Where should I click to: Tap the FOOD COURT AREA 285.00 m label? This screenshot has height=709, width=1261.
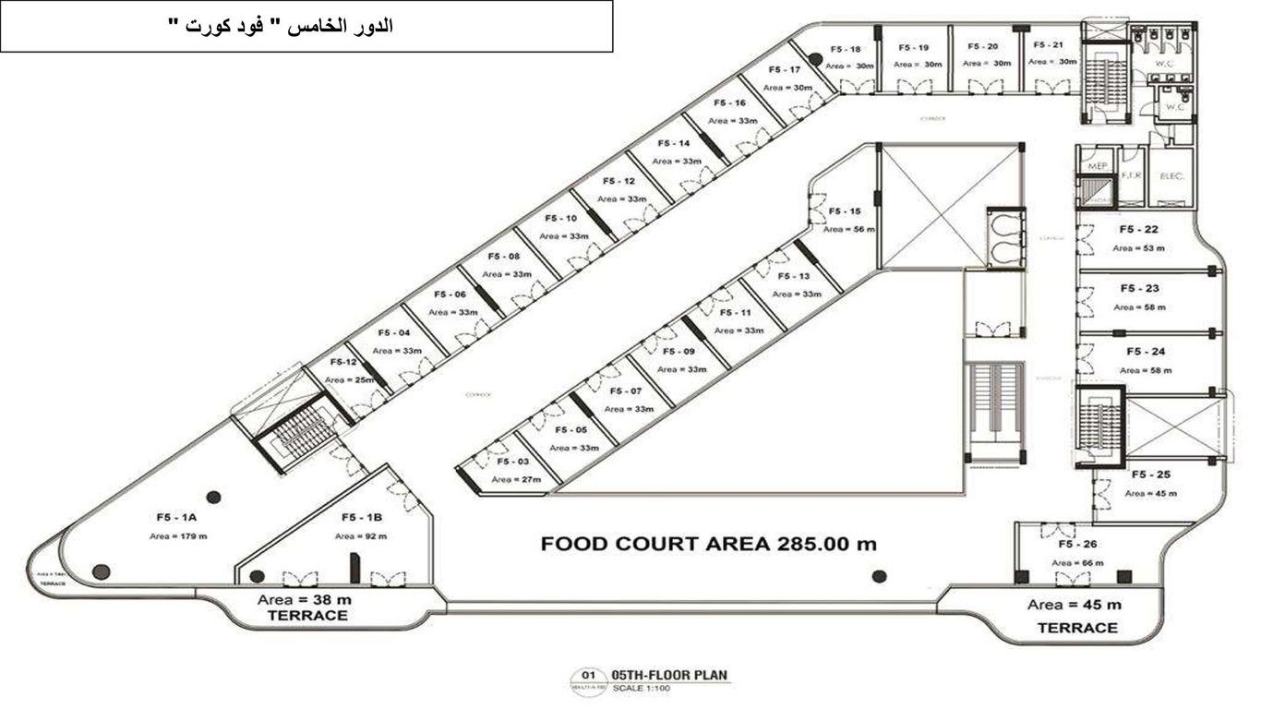point(708,544)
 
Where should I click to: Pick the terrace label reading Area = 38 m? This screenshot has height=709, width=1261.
point(304,598)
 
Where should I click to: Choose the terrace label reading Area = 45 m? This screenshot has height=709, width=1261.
point(1075,605)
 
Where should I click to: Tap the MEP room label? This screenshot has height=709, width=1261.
point(1098,166)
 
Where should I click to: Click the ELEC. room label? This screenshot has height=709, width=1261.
point(1170,175)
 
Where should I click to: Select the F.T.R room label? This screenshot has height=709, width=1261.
point(1131,174)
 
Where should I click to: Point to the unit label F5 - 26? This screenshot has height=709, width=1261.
point(1076,544)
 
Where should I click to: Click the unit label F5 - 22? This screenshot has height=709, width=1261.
point(1138,229)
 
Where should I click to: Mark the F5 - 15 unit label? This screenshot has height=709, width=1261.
point(844,210)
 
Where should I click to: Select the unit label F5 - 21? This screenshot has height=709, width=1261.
point(1050,44)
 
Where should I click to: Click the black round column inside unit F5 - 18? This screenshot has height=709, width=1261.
point(815,60)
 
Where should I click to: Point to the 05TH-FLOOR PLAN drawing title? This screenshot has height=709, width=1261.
point(670,676)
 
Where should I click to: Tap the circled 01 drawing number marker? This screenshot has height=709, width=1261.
point(587,676)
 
